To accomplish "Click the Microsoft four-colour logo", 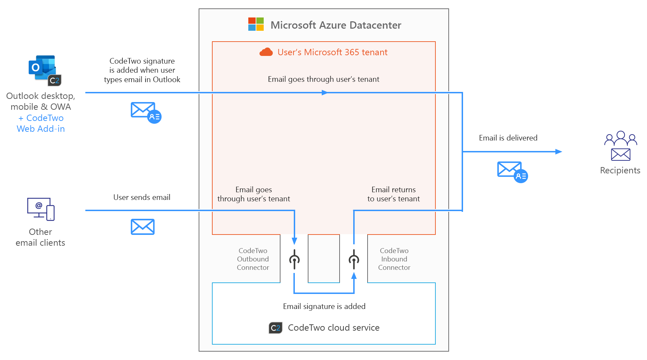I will pyautogui.click(x=256, y=24).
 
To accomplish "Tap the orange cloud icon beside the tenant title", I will pyautogui.click(x=266, y=52).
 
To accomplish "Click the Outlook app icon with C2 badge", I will pyautogui.click(x=44, y=70).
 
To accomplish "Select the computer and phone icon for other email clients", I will pyautogui.click(x=41, y=209).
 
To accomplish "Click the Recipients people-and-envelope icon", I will pyautogui.click(x=620, y=146).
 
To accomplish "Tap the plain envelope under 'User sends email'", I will pyautogui.click(x=143, y=227).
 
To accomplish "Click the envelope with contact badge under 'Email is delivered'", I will pyautogui.click(x=512, y=172).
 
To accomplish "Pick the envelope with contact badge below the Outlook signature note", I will pyautogui.click(x=146, y=112).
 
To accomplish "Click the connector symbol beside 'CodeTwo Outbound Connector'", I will pyautogui.click(x=294, y=259).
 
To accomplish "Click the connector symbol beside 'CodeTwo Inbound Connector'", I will pyautogui.click(x=354, y=259).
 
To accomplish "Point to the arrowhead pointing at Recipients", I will pyautogui.click(x=559, y=152).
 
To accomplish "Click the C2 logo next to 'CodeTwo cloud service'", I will pyautogui.click(x=276, y=328).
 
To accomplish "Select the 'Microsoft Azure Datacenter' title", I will pyautogui.click(x=336, y=25).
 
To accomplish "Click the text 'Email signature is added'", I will pyautogui.click(x=324, y=307).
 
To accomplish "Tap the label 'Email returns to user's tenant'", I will pyautogui.click(x=393, y=194).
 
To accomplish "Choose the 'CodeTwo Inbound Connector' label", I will pyautogui.click(x=394, y=259).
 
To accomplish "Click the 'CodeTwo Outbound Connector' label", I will pyautogui.click(x=253, y=259).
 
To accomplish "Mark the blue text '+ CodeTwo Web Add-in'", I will pyautogui.click(x=41, y=123).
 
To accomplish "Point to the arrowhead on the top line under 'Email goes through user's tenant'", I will pyautogui.click(x=325, y=93).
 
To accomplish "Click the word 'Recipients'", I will pyautogui.click(x=620, y=171).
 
